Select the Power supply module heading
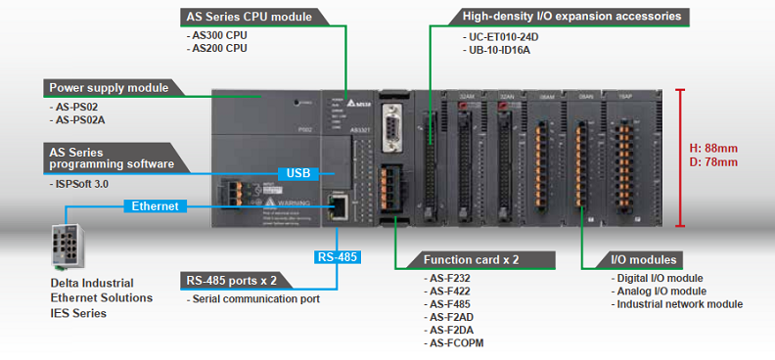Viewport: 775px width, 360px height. (109, 87)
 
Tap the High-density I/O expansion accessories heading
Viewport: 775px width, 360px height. (571, 17)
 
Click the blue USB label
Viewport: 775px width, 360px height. (296, 173)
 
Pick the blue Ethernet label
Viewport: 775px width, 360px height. (155, 206)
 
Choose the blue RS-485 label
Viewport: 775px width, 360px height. (338, 258)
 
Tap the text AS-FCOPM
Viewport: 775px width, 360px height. (456, 343)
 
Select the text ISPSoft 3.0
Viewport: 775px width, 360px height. (82, 184)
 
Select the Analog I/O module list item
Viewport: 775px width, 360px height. (661, 292)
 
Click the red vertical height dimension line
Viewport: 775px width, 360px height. (680, 157)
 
